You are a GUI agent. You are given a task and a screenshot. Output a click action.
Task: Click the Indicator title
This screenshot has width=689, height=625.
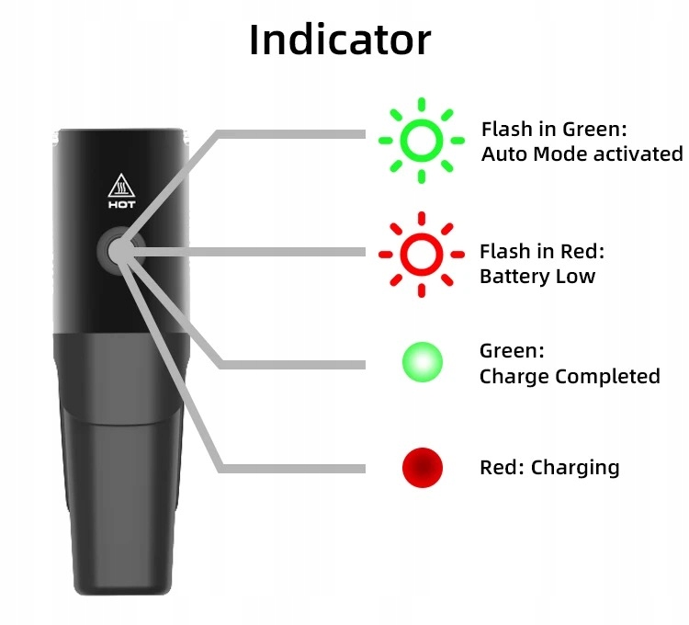[x=340, y=39]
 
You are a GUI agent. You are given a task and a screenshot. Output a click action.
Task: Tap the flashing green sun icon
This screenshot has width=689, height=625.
[x=422, y=140]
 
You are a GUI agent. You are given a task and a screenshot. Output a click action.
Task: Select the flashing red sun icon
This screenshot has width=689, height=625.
[x=422, y=254]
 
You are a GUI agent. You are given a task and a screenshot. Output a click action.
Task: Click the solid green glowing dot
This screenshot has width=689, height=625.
[x=422, y=362]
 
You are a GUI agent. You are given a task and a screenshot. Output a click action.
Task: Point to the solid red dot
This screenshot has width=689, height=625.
[x=422, y=468]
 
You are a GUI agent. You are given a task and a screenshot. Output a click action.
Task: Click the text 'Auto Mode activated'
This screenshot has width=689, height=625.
[x=582, y=153]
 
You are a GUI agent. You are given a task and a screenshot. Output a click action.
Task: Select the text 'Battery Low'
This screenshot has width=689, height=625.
[x=537, y=276]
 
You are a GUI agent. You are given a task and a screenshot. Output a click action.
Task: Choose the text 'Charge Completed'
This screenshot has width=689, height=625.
[x=570, y=376]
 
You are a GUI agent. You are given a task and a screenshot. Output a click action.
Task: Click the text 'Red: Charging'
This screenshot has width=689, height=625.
[x=549, y=468]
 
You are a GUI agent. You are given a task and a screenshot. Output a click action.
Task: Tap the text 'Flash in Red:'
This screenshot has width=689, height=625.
[x=542, y=252]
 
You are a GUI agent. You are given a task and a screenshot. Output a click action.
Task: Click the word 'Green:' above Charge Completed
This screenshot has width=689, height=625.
[x=512, y=350]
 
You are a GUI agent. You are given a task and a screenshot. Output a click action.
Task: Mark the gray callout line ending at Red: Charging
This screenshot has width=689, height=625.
[x=294, y=468]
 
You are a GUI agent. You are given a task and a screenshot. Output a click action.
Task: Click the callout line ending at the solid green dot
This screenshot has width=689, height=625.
[x=294, y=364]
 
